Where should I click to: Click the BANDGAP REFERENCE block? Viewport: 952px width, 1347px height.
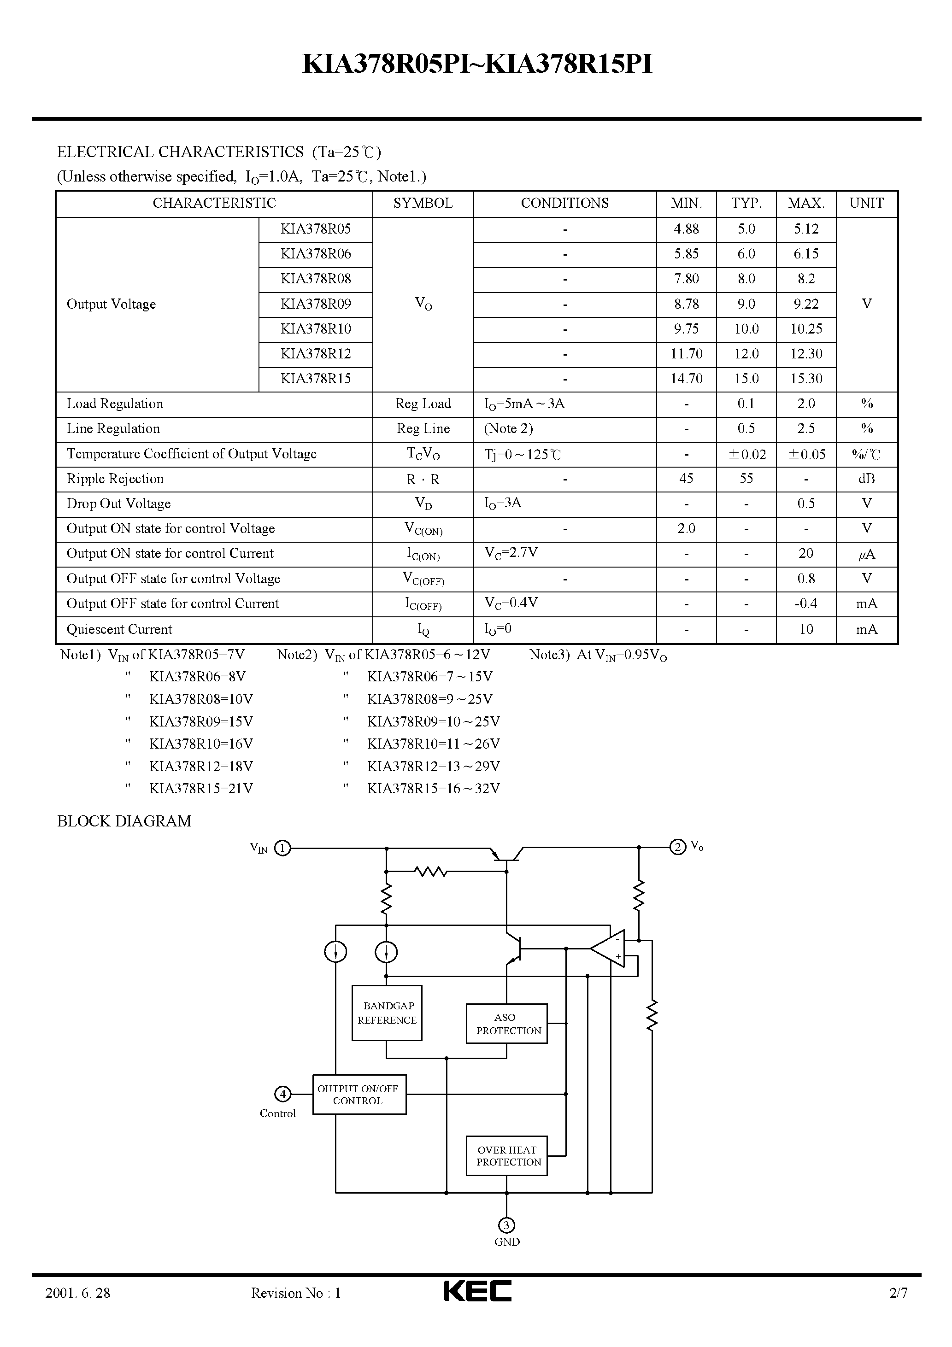[387, 1013]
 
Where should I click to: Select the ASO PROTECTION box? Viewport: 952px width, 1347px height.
[506, 1024]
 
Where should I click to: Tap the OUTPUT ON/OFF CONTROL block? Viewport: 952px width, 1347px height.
[358, 1094]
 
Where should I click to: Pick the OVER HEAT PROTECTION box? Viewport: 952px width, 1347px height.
[506, 1155]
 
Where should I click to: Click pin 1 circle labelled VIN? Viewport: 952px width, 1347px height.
[282, 849]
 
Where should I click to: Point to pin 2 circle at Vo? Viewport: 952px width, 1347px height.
[678, 847]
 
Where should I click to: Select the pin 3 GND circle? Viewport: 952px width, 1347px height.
[506, 1225]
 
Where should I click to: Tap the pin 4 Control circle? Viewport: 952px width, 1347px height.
[283, 1094]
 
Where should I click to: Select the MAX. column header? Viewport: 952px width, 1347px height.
[806, 204]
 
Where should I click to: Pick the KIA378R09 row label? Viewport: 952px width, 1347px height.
[316, 304]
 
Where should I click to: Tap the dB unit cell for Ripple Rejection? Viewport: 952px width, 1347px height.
[866, 479]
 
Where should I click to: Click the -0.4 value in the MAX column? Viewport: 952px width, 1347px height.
[806, 603]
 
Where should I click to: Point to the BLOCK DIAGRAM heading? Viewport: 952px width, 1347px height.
[124, 821]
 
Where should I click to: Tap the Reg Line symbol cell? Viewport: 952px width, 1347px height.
[423, 429]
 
